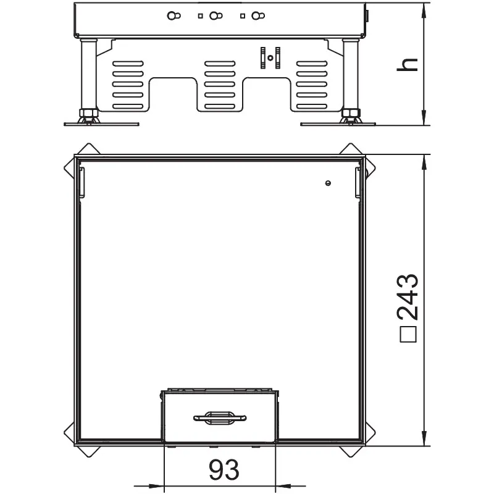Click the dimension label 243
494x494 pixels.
(x=408, y=297)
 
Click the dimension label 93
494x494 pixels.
(x=224, y=470)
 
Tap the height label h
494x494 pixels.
(x=407, y=65)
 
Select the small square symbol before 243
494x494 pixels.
(x=408, y=333)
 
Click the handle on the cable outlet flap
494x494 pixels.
(x=220, y=418)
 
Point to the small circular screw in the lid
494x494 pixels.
(x=328, y=183)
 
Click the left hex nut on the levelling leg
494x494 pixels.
(x=88, y=113)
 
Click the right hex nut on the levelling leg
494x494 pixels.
(x=351, y=113)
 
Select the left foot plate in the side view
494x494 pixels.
(x=101, y=124)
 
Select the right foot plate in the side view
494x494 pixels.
(x=338, y=124)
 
